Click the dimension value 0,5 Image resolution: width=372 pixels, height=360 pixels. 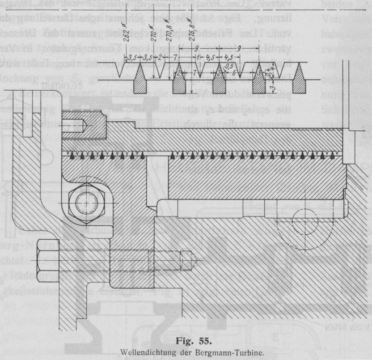(x=228, y=66)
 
